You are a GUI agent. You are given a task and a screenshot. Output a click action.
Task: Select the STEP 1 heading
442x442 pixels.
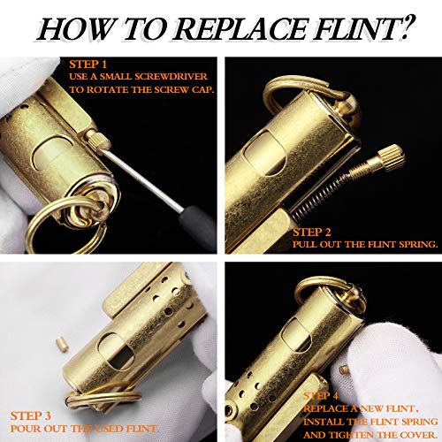pyautogui.click(x=88, y=65)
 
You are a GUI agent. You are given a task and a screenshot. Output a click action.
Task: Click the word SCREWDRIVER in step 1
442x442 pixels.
pyautogui.click(x=171, y=77)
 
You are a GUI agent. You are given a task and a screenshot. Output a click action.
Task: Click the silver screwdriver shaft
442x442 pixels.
pyautogui.click(x=141, y=179)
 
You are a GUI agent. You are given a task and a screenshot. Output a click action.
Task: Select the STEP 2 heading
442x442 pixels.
pyautogui.click(x=312, y=232)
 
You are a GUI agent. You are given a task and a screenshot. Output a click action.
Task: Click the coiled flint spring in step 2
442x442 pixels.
pyautogui.click(x=319, y=195)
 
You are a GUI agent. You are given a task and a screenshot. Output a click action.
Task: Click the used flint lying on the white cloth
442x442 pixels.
pyautogui.click(x=62, y=344)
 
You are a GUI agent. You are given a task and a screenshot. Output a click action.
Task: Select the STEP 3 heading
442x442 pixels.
pyautogui.click(x=30, y=415)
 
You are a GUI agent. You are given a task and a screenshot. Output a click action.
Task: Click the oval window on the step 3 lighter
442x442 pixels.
pyautogui.click(x=116, y=352)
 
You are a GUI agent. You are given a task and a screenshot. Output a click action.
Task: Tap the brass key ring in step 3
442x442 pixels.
pyautogui.click(x=103, y=398)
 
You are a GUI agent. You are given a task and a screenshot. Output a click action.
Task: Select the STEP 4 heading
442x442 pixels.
pyautogui.click(x=321, y=396)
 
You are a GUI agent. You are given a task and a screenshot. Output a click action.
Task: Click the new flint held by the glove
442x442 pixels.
pyautogui.click(x=343, y=370)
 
